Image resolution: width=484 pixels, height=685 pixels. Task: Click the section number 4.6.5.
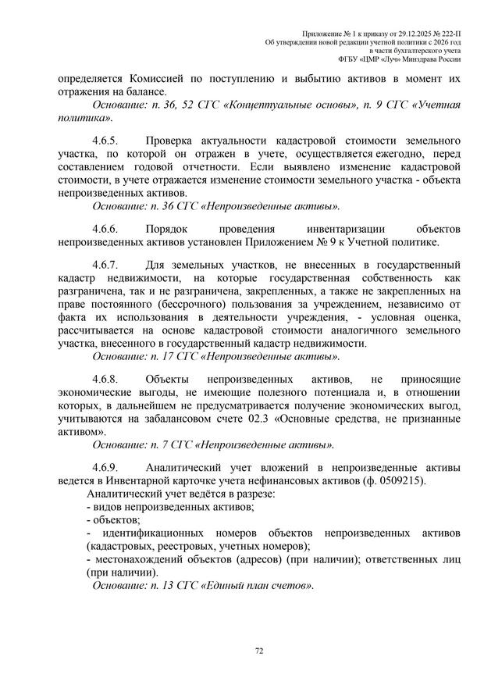[x=105, y=141]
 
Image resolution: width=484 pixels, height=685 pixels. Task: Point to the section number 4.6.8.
[x=105, y=378]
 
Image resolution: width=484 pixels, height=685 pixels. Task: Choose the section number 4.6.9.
[x=105, y=466]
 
